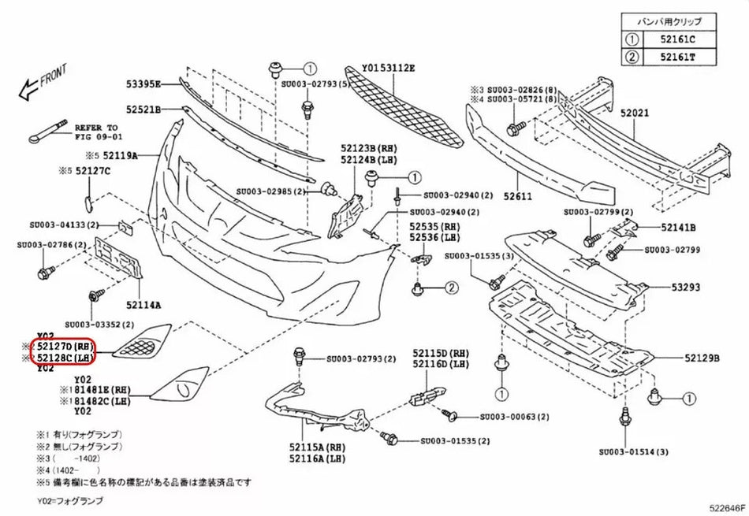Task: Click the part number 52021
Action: point(633,113)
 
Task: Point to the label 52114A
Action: point(143,304)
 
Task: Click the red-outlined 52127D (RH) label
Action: point(64,345)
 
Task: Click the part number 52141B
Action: point(678,228)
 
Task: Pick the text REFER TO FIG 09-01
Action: point(95,132)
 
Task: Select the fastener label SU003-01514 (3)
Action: point(633,451)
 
